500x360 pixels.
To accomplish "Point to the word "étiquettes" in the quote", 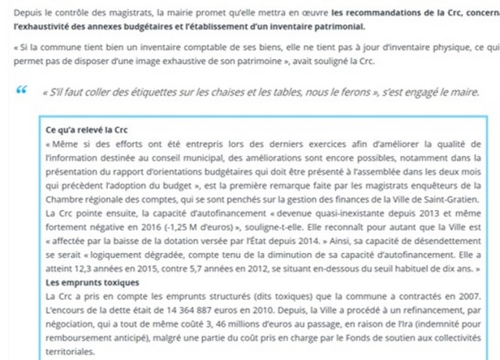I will [142, 92].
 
